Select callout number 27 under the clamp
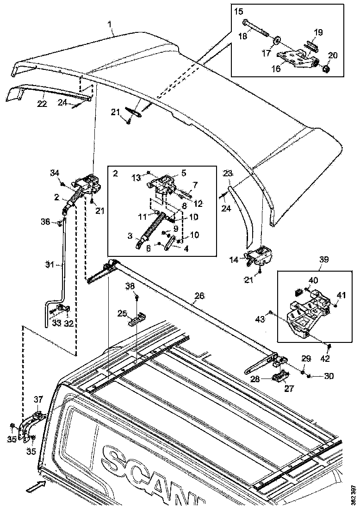point(289,389)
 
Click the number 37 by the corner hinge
point(37,399)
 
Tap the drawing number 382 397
point(354,494)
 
